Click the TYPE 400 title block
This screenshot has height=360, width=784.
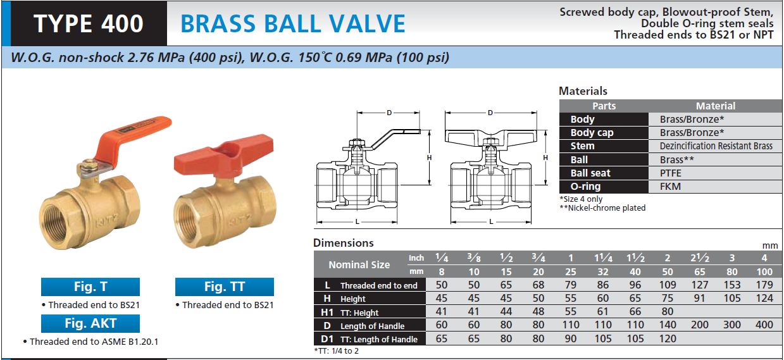point(89,23)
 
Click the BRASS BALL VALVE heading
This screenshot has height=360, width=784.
point(292,23)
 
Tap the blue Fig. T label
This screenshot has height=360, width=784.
point(90,287)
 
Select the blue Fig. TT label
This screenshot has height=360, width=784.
point(224,287)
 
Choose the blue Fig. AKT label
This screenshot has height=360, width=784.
point(90,323)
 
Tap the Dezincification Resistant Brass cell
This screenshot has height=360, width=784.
point(716,146)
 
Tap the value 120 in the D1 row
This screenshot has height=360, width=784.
point(668,338)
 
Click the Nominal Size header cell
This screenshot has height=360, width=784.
point(359,264)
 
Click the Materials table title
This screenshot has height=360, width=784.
point(583,91)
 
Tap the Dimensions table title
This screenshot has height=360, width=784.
point(343,243)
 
